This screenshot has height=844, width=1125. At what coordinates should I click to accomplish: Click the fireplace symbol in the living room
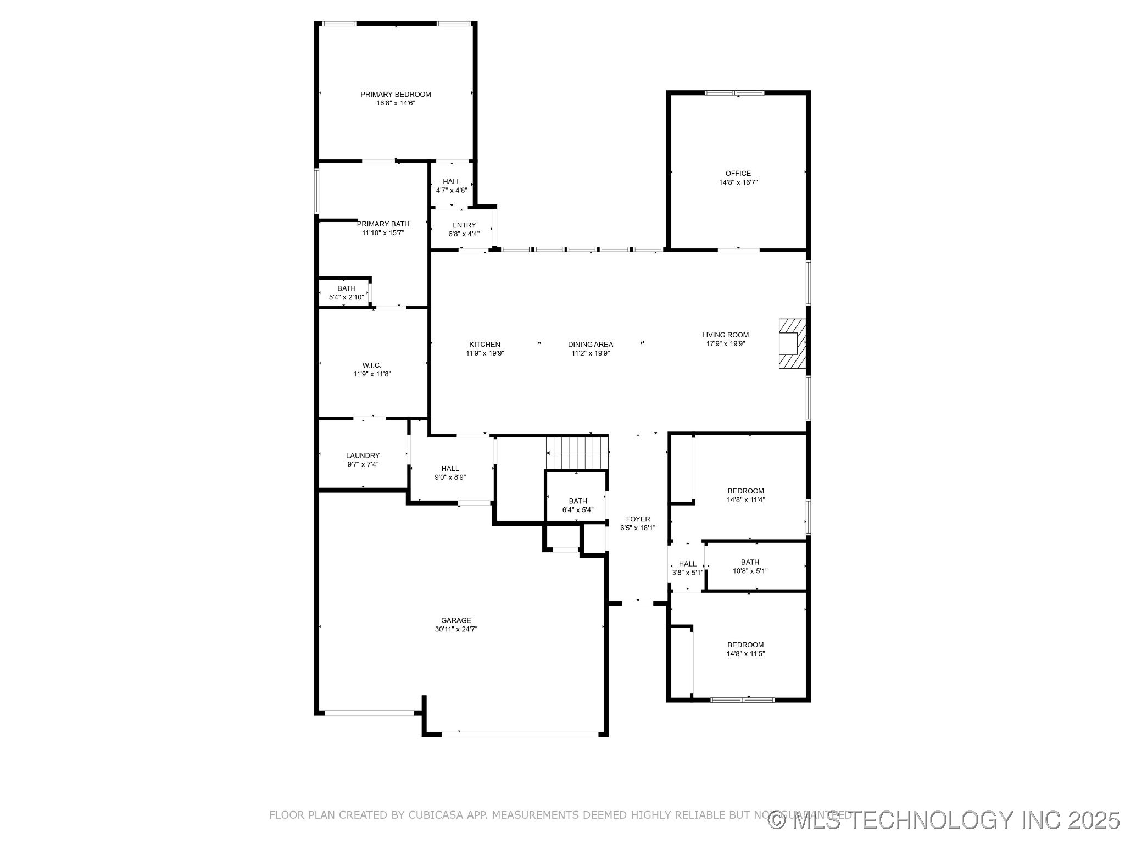click(x=792, y=343)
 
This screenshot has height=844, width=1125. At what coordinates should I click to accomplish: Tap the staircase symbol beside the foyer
click(x=577, y=452)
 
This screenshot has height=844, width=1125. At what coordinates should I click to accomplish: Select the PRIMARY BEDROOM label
click(x=396, y=95)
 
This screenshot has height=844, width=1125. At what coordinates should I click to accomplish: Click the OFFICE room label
click(x=738, y=174)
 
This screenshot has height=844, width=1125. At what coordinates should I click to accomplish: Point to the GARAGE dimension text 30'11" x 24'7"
click(x=456, y=630)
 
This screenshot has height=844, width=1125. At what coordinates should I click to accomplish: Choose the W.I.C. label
click(x=372, y=365)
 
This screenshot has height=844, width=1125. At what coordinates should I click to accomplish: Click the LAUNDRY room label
click(x=363, y=456)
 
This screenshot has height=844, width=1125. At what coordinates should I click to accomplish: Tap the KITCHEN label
click(x=484, y=345)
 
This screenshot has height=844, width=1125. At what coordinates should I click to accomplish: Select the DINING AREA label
click(x=591, y=345)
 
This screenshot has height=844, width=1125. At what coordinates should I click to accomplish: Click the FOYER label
click(x=638, y=519)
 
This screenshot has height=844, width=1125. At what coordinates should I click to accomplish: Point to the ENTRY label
click(x=464, y=225)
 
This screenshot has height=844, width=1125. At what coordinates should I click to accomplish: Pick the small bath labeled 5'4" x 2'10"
click(x=346, y=293)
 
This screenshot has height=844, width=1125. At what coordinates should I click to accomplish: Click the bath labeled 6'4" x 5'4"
click(x=578, y=505)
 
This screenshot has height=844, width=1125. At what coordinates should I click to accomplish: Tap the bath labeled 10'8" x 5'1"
click(x=750, y=567)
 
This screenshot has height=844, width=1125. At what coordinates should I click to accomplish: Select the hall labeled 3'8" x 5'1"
click(x=687, y=568)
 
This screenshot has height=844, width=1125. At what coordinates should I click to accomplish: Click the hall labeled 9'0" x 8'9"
click(x=450, y=473)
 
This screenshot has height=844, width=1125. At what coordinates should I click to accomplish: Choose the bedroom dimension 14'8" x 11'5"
click(x=745, y=654)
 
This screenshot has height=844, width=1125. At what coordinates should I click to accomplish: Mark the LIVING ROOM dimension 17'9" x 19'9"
click(x=725, y=344)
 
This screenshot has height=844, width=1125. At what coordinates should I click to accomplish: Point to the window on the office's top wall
click(x=734, y=93)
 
